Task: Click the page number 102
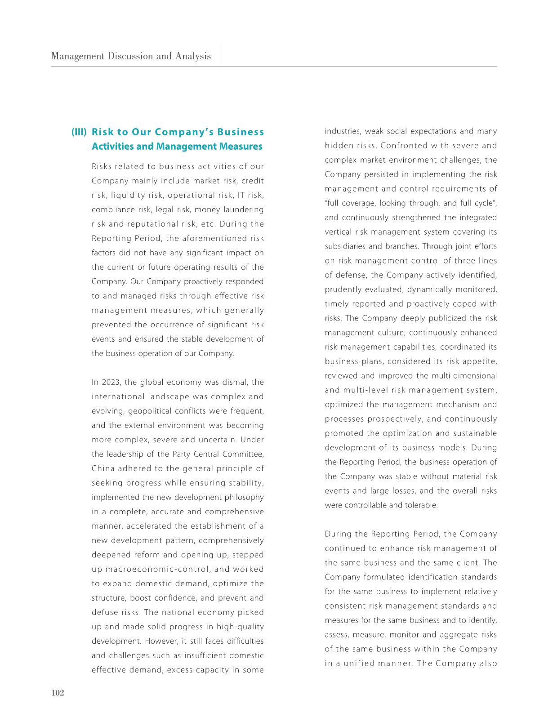[58, 693]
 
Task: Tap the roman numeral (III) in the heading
[80, 132]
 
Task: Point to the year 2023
[110, 383]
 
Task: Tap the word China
[103, 469]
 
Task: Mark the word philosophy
[245, 498]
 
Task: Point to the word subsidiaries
[345, 246]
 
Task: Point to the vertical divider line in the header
[220, 56]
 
